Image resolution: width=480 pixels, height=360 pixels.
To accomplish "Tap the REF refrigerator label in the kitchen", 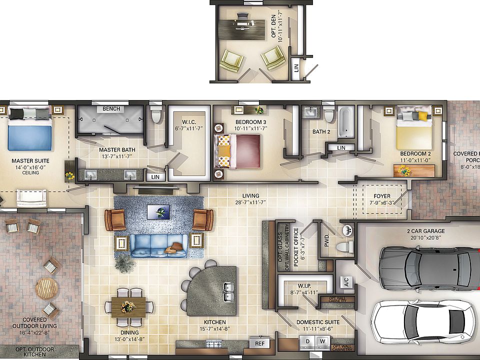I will point(259,343).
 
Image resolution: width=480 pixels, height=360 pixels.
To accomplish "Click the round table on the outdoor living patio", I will point(47,288).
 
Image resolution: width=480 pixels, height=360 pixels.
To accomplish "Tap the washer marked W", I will point(322,341).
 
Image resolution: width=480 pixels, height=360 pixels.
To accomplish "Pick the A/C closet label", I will point(345,282).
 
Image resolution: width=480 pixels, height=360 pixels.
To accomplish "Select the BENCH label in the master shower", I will point(110,108).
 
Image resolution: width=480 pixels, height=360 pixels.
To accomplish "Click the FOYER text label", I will point(382,196).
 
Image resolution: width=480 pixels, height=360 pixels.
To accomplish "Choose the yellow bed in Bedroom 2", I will point(414,133).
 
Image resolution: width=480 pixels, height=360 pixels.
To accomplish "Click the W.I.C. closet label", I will point(188,121).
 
